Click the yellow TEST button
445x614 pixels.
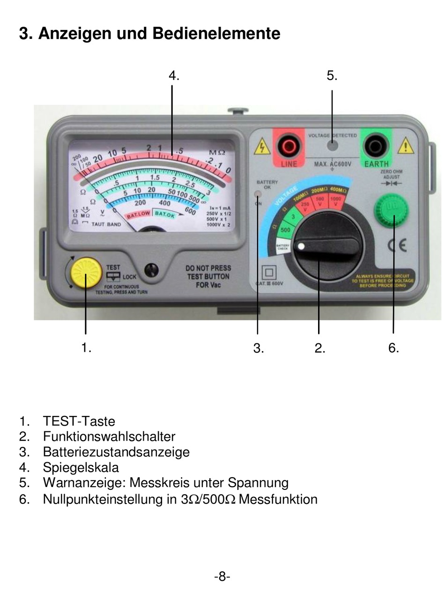point(86,274)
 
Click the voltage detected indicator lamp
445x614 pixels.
point(333,145)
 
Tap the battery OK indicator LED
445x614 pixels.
point(258,194)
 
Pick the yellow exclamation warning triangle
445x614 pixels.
point(406,147)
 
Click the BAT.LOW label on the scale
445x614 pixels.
point(139,215)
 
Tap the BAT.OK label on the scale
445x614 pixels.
point(164,215)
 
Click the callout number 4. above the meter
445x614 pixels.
point(174,75)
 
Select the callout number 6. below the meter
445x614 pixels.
point(393,348)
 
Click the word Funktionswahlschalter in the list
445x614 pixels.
point(109,436)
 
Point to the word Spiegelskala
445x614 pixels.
point(81,467)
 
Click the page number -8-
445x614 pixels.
point(222,576)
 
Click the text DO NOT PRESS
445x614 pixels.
point(208,268)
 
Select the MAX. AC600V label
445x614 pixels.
point(332,164)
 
